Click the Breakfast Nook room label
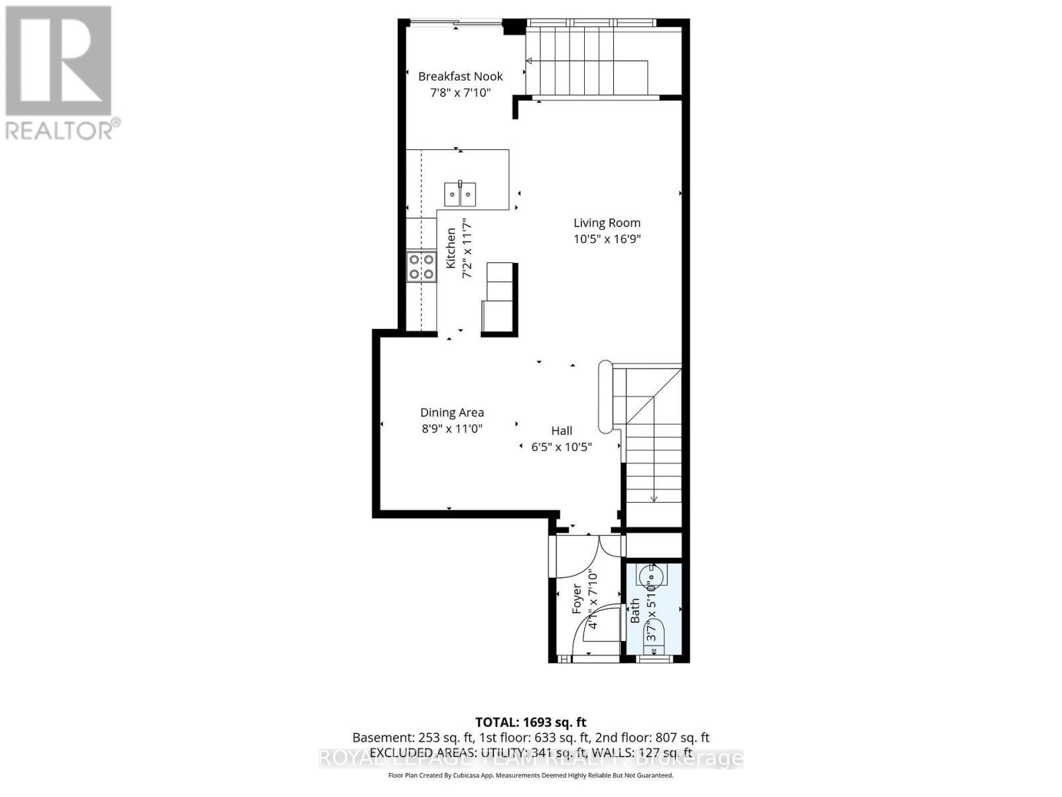[460, 76]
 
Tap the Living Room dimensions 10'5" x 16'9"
[607, 239]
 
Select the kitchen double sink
[460, 194]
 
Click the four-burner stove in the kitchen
[421, 267]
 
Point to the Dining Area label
[451, 412]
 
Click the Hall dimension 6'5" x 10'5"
[561, 447]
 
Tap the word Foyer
[577, 598]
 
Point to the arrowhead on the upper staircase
[529, 62]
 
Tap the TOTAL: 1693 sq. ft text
[530, 722]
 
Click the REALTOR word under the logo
[60, 130]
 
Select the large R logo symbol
[58, 61]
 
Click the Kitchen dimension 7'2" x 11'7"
[467, 249]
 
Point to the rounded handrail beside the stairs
[605, 397]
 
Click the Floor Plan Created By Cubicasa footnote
[530, 775]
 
